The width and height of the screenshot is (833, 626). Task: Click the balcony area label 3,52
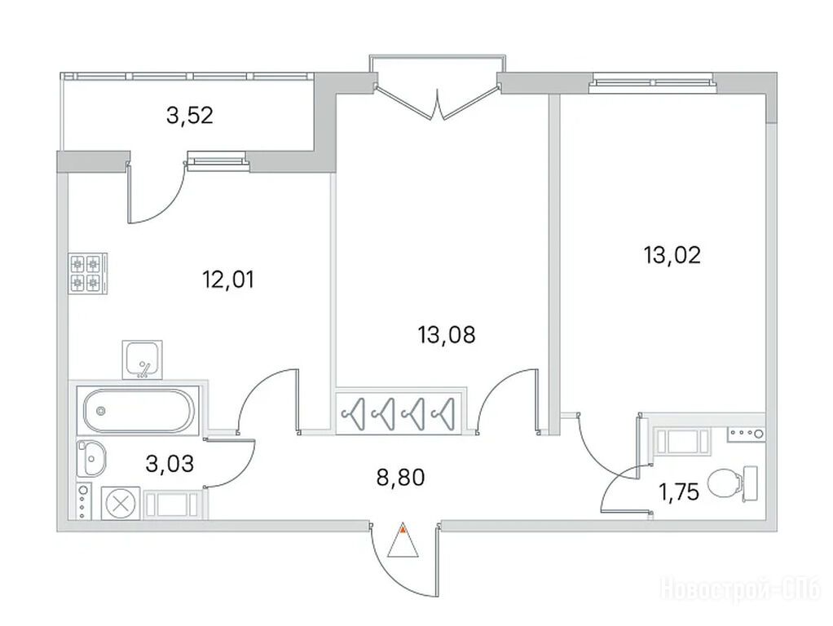(190, 115)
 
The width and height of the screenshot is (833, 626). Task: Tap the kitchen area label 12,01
(228, 280)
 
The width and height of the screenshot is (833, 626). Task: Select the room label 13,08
(447, 335)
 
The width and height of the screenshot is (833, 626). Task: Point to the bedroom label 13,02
(672, 255)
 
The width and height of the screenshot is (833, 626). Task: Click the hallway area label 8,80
(400, 477)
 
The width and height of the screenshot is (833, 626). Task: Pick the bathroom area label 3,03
(170, 464)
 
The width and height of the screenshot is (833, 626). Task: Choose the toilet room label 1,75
(679, 492)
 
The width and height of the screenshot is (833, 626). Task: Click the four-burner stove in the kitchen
(88, 273)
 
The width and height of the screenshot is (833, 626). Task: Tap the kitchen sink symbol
(143, 359)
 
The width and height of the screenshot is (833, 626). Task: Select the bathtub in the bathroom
(138, 412)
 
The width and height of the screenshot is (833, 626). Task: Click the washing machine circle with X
(121, 503)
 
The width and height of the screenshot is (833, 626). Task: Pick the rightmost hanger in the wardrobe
(445, 412)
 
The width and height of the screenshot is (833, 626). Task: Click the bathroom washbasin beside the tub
(91, 458)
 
